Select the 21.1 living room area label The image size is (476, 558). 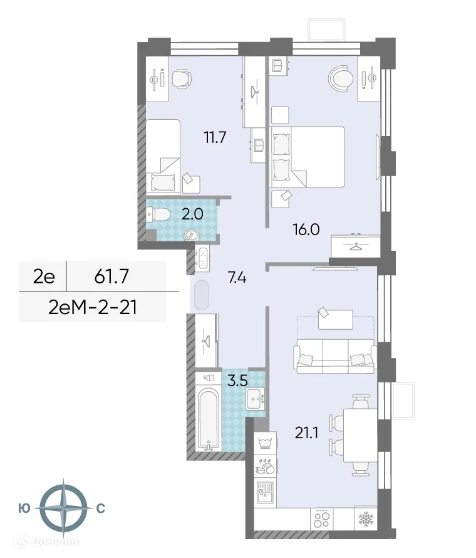click(x=307, y=431)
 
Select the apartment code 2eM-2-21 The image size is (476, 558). click(x=92, y=307)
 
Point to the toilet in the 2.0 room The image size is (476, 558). click(x=159, y=215)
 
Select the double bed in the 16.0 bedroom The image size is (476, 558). click(x=308, y=157)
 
